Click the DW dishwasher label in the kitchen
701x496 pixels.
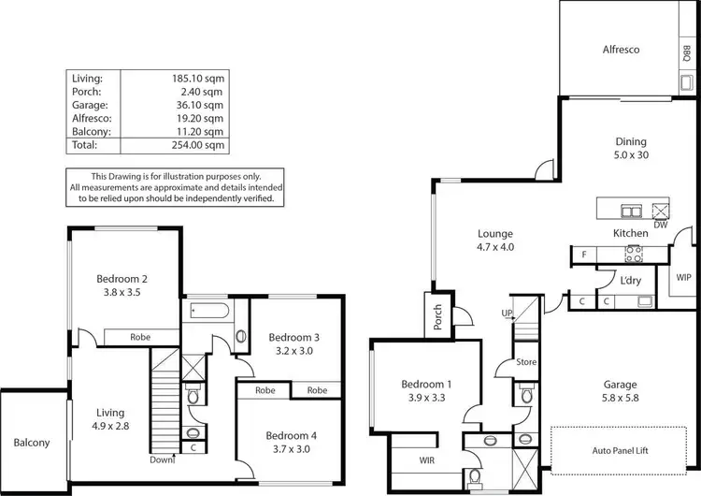(661, 225)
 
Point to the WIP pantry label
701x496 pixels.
(683, 277)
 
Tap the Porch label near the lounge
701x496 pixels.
(436, 319)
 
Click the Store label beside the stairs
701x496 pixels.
(526, 361)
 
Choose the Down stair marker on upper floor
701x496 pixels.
(163, 460)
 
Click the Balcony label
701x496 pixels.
(32, 443)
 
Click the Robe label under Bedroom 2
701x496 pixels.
(140, 336)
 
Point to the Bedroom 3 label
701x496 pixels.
(294, 338)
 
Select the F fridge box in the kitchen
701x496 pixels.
(583, 254)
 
